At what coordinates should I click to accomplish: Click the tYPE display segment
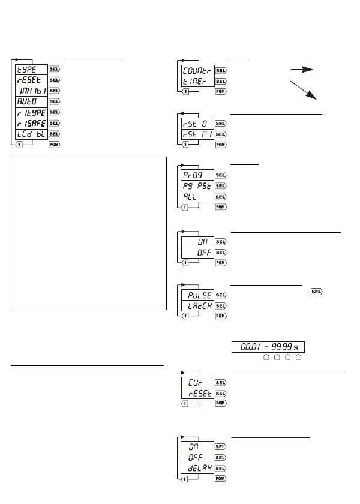(x=30, y=69)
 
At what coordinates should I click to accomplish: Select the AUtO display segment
(x=30, y=101)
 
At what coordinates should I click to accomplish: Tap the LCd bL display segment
(x=30, y=134)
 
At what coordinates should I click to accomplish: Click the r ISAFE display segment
(x=30, y=123)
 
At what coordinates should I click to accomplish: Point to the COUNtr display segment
(x=197, y=70)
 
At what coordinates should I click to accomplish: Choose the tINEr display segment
(x=197, y=80)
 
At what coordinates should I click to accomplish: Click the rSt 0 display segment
(x=197, y=123)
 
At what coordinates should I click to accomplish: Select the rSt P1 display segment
(x=197, y=134)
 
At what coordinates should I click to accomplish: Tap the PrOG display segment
(x=197, y=175)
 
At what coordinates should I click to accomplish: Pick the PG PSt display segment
(x=197, y=185)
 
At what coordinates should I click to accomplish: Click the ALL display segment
(x=197, y=196)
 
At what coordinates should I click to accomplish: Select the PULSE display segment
(x=197, y=295)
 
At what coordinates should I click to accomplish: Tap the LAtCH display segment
(x=197, y=305)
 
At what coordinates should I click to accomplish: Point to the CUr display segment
(x=197, y=382)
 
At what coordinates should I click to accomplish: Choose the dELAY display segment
(x=197, y=467)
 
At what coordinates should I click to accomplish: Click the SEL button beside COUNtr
(x=221, y=70)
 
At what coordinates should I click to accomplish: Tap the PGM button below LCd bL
(x=54, y=145)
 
